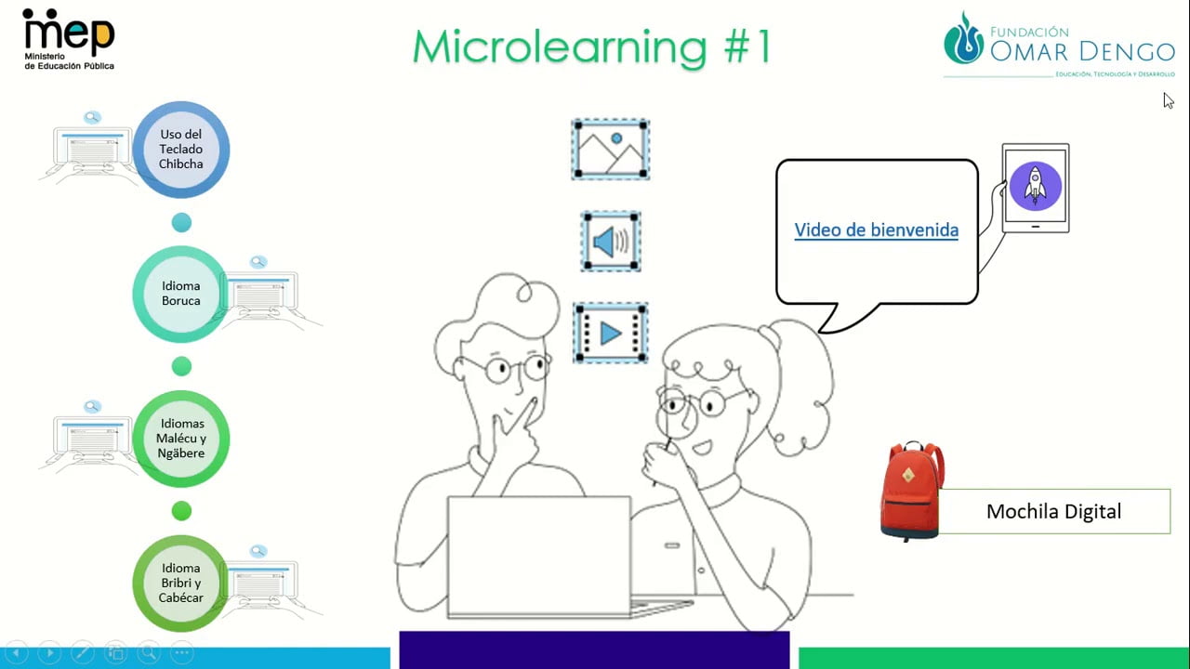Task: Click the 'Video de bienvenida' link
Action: tap(877, 230)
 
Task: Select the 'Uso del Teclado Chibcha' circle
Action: tap(181, 150)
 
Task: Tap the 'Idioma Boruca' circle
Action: tap(181, 294)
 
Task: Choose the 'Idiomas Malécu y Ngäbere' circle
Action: tap(181, 439)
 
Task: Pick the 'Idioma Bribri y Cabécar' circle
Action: tap(181, 583)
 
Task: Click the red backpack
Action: tap(912, 492)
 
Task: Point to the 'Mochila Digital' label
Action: tap(1054, 511)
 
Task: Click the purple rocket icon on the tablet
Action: tap(1036, 187)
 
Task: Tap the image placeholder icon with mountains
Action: tap(611, 150)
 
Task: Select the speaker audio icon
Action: tap(611, 242)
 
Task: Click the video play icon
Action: tap(611, 334)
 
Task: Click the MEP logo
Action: tap(69, 39)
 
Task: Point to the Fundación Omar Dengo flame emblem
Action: tap(964, 39)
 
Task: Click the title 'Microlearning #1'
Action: tap(592, 47)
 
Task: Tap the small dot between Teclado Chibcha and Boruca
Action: tap(181, 222)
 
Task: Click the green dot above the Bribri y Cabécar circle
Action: tap(181, 511)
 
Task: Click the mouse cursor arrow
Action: tap(1169, 100)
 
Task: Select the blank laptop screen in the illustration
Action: tap(539, 556)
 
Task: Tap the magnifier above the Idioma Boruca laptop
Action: tap(258, 262)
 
